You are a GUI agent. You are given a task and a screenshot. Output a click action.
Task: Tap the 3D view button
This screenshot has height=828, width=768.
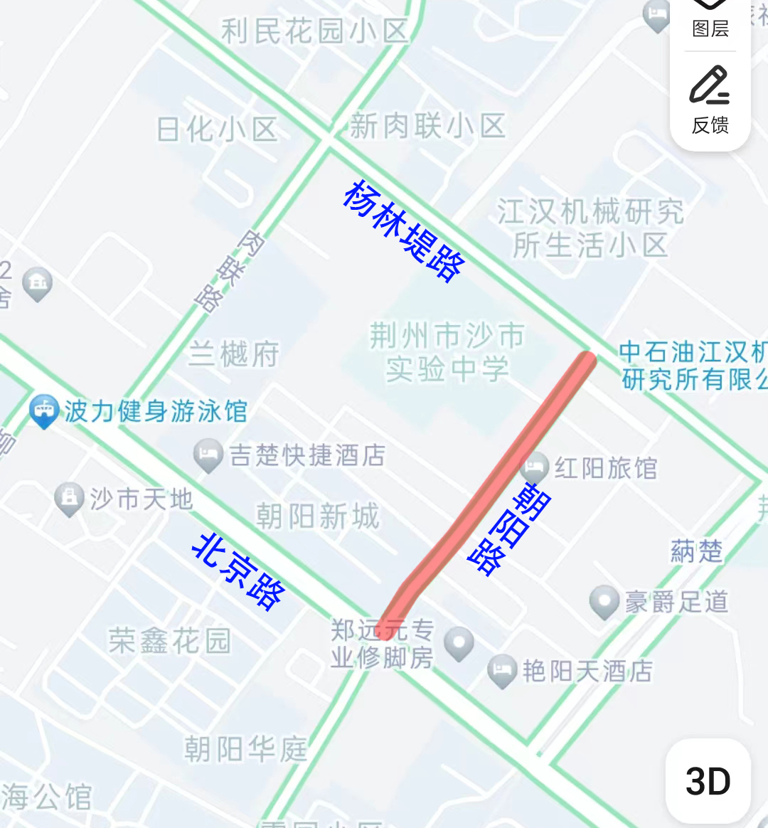pyautogui.click(x=708, y=781)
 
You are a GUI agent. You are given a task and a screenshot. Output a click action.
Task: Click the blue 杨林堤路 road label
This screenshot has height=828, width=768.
pyautogui.click(x=403, y=230)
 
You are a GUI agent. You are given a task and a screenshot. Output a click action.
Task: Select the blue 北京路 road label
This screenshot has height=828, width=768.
pyautogui.click(x=239, y=571)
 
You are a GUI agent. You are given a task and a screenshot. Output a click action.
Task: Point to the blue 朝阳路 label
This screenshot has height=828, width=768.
pyautogui.click(x=509, y=528)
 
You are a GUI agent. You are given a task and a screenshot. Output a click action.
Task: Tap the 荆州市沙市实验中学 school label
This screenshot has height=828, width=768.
pyautogui.click(x=447, y=352)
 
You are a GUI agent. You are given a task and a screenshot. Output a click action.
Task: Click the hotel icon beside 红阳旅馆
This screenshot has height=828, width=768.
pyautogui.click(x=534, y=467)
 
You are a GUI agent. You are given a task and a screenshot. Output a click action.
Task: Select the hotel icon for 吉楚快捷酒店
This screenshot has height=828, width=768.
pyautogui.click(x=208, y=455)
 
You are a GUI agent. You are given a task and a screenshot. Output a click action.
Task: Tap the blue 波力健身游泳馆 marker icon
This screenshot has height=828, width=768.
pyautogui.click(x=44, y=411)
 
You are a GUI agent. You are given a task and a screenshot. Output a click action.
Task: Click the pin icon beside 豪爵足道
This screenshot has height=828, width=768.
pyautogui.click(x=604, y=601)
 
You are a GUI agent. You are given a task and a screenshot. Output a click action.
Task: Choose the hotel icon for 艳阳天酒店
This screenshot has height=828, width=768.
pyautogui.click(x=502, y=670)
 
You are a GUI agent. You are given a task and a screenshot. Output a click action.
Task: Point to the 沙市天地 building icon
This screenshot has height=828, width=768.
pyautogui.click(x=69, y=499)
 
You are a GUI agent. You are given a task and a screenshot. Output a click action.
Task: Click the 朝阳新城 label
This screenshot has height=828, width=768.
pyautogui.click(x=317, y=516)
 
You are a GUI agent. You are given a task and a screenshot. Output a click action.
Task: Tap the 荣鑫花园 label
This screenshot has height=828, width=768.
pyautogui.click(x=170, y=641)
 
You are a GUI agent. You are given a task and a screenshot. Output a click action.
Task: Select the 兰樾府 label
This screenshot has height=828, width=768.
pyautogui.click(x=234, y=354)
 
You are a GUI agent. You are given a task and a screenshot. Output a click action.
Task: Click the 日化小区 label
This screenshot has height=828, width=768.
pyautogui.click(x=217, y=129)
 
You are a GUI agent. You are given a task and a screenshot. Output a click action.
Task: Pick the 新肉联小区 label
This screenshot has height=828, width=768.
pyautogui.click(x=427, y=126)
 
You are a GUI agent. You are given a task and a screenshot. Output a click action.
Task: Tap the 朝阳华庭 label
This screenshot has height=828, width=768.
pyautogui.click(x=245, y=748)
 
